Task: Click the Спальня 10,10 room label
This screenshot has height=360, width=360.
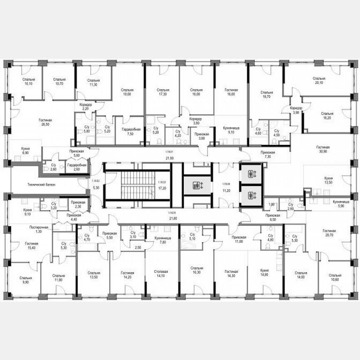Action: (28, 81)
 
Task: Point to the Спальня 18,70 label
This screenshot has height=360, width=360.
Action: (266, 94)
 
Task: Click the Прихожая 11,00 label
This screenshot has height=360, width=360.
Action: (240, 238)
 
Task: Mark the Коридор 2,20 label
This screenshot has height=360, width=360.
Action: (85, 107)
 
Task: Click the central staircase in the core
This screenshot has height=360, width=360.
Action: (137, 185)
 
